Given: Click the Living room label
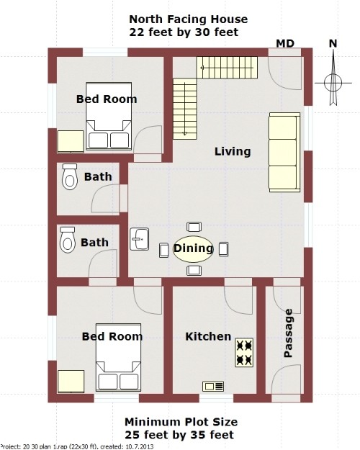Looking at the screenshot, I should (x=233, y=151).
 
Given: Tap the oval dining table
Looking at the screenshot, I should (x=193, y=248).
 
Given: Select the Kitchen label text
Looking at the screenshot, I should (x=208, y=336).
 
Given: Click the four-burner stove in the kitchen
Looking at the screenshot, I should (x=244, y=352).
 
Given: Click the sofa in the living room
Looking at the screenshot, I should (x=283, y=152).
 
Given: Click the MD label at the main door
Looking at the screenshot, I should (x=285, y=44).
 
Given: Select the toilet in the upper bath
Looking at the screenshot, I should (x=69, y=176).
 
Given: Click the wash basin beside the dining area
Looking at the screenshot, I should (x=139, y=238).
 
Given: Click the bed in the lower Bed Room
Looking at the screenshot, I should (x=118, y=366).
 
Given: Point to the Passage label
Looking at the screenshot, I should (x=289, y=333).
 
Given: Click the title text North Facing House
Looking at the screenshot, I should (x=189, y=19).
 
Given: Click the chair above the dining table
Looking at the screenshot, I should (x=193, y=227).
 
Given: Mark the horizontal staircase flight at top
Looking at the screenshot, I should (x=225, y=69).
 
